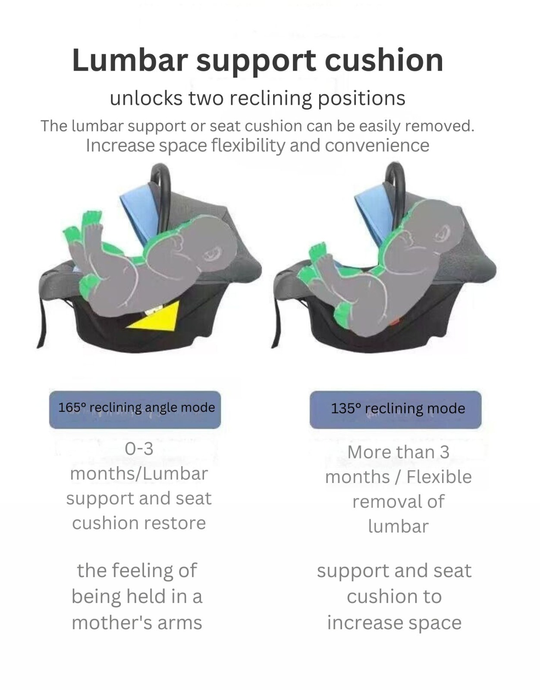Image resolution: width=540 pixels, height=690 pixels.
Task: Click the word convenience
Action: point(377,145)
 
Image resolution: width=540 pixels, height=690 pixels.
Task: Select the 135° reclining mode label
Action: point(396,409)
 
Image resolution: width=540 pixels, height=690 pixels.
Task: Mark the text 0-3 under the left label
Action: point(139,449)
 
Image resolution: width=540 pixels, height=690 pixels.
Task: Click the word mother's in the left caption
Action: point(108,623)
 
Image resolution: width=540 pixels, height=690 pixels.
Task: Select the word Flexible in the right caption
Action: point(439,477)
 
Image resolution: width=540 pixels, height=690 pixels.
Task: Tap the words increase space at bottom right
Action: point(394,623)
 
